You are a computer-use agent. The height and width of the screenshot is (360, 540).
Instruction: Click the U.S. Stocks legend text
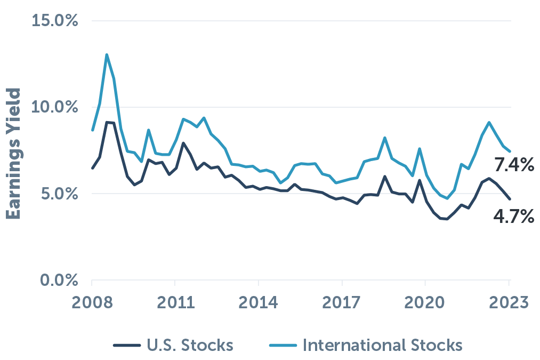tap(189, 345)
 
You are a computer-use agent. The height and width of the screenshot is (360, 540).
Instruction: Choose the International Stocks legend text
tap(382, 345)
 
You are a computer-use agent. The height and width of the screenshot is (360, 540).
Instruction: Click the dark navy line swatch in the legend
tap(127, 346)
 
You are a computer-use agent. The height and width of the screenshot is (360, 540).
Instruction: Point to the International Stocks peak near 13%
tap(107, 55)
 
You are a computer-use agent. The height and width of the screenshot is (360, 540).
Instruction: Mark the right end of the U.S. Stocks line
tap(510, 199)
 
